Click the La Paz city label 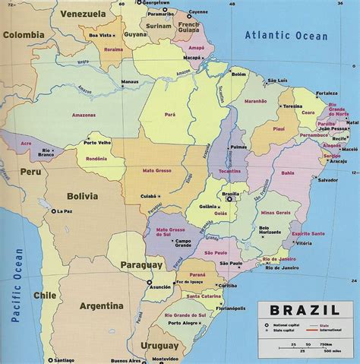click(63, 213)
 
